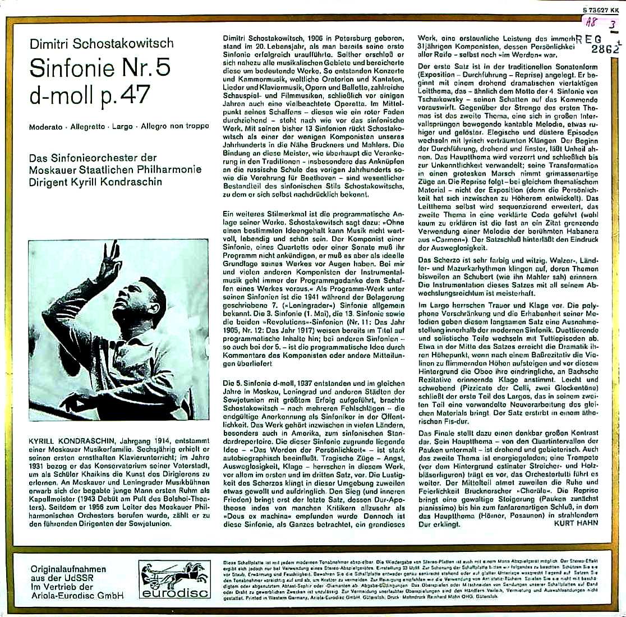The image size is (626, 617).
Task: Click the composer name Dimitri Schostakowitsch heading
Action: pyautogui.click(x=102, y=43)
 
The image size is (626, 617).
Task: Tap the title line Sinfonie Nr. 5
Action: pyautogui.click(x=99, y=68)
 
